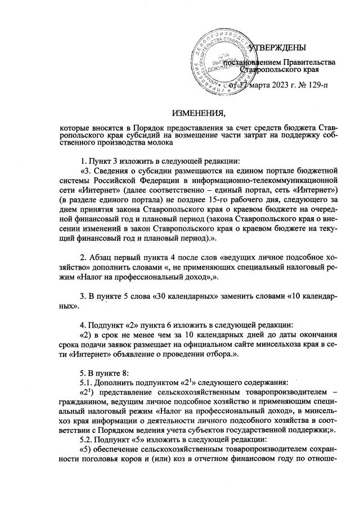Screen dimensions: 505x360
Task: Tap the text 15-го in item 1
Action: click(x=220, y=199)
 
